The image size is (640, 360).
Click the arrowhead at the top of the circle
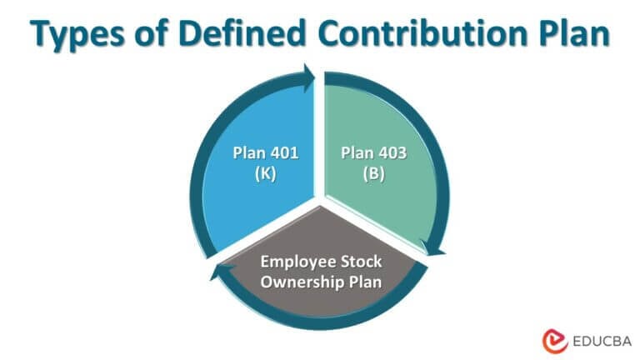[x=310, y=77]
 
